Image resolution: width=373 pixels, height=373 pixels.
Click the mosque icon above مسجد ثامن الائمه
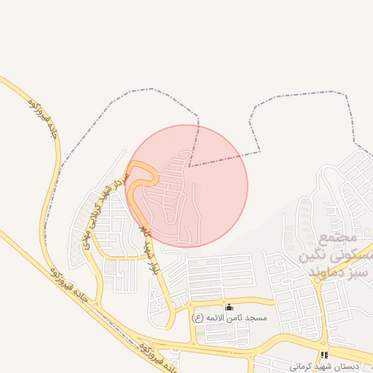point(229,307)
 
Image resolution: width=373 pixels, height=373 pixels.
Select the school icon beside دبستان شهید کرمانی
point(324,355)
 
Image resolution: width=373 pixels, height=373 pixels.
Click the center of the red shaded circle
point(186,186)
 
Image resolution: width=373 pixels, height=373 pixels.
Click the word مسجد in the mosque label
point(256,318)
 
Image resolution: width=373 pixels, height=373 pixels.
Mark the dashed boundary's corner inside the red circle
point(189,166)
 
